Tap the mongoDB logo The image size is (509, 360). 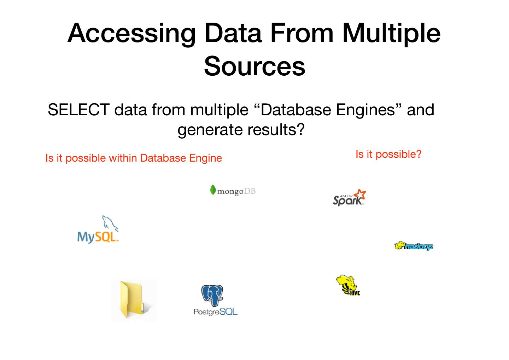pyautogui.click(x=233, y=191)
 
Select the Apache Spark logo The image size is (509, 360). pyautogui.click(x=349, y=198)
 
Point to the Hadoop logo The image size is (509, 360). pyautogui.click(x=414, y=246)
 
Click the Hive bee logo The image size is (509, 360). pyautogui.click(x=348, y=285)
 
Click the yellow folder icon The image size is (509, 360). pyautogui.click(x=134, y=301)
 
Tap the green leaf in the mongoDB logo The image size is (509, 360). pyautogui.click(x=213, y=190)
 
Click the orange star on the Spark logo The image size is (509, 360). pyautogui.click(x=361, y=194)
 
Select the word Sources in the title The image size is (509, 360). pyautogui.click(x=255, y=66)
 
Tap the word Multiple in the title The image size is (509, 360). pyautogui.click(x=391, y=33)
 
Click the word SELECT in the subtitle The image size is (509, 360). pyautogui.click(x=78, y=110)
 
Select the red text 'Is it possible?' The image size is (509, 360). pyautogui.click(x=388, y=154)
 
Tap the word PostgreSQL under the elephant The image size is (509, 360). pyautogui.click(x=215, y=312)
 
